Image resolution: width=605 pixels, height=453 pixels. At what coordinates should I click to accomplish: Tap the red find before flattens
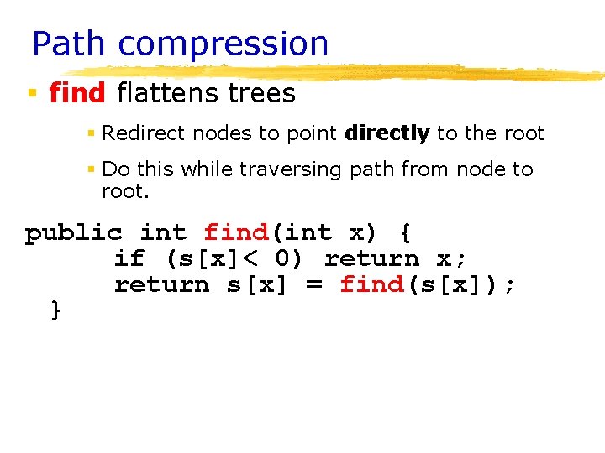click(x=77, y=92)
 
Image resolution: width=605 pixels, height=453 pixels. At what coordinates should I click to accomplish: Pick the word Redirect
click(x=136, y=133)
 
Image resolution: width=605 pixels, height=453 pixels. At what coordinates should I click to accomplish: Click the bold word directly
click(x=387, y=133)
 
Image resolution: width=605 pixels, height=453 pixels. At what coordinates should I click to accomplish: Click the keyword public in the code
click(x=74, y=233)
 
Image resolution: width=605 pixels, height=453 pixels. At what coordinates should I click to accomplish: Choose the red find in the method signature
click(x=236, y=232)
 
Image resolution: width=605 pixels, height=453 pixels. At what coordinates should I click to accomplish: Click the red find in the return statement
click(x=371, y=284)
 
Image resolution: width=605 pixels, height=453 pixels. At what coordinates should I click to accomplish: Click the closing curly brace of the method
click(x=56, y=310)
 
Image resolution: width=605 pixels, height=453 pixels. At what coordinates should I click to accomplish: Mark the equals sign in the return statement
click(x=313, y=285)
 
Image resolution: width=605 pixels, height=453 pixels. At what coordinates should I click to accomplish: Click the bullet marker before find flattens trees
click(x=32, y=92)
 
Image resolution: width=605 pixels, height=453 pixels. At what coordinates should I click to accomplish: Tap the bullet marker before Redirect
click(x=92, y=133)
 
